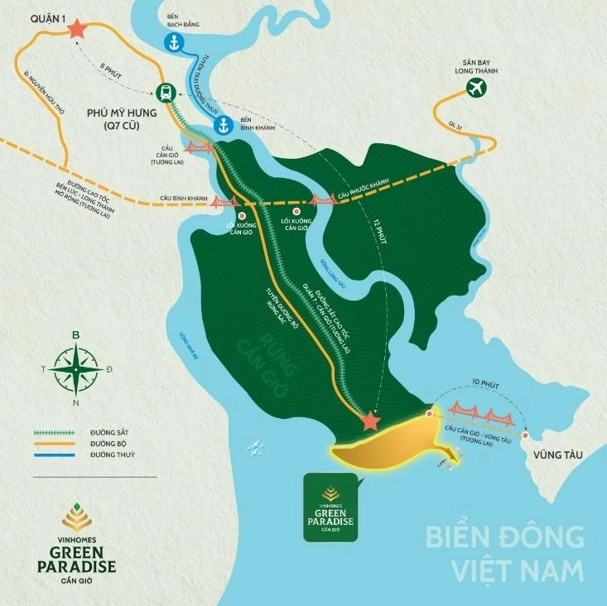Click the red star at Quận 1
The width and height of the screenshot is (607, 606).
coord(77,28)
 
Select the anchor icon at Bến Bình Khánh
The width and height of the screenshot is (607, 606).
coord(222,125)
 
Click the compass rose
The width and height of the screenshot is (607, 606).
coord(75,368)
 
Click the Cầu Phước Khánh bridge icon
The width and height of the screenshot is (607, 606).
coord(322,199)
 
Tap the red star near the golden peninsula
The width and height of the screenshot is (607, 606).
coord(370,422)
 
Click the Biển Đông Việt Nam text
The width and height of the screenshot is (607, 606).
coord(504,552)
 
